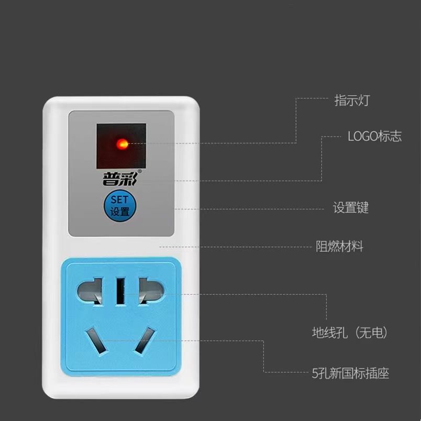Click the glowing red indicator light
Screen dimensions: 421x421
122,143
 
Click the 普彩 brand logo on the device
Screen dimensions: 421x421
119,179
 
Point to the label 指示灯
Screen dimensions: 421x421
352,101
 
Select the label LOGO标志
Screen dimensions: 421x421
374,137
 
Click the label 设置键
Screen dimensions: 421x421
351,208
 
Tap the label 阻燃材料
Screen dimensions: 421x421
339,247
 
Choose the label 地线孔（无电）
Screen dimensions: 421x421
350,333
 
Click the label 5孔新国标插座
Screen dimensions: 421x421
350,373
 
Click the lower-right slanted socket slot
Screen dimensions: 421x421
145,340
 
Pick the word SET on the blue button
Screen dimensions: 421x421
119,200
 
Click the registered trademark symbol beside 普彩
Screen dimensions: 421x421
139,170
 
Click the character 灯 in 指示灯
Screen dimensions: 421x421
363,101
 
